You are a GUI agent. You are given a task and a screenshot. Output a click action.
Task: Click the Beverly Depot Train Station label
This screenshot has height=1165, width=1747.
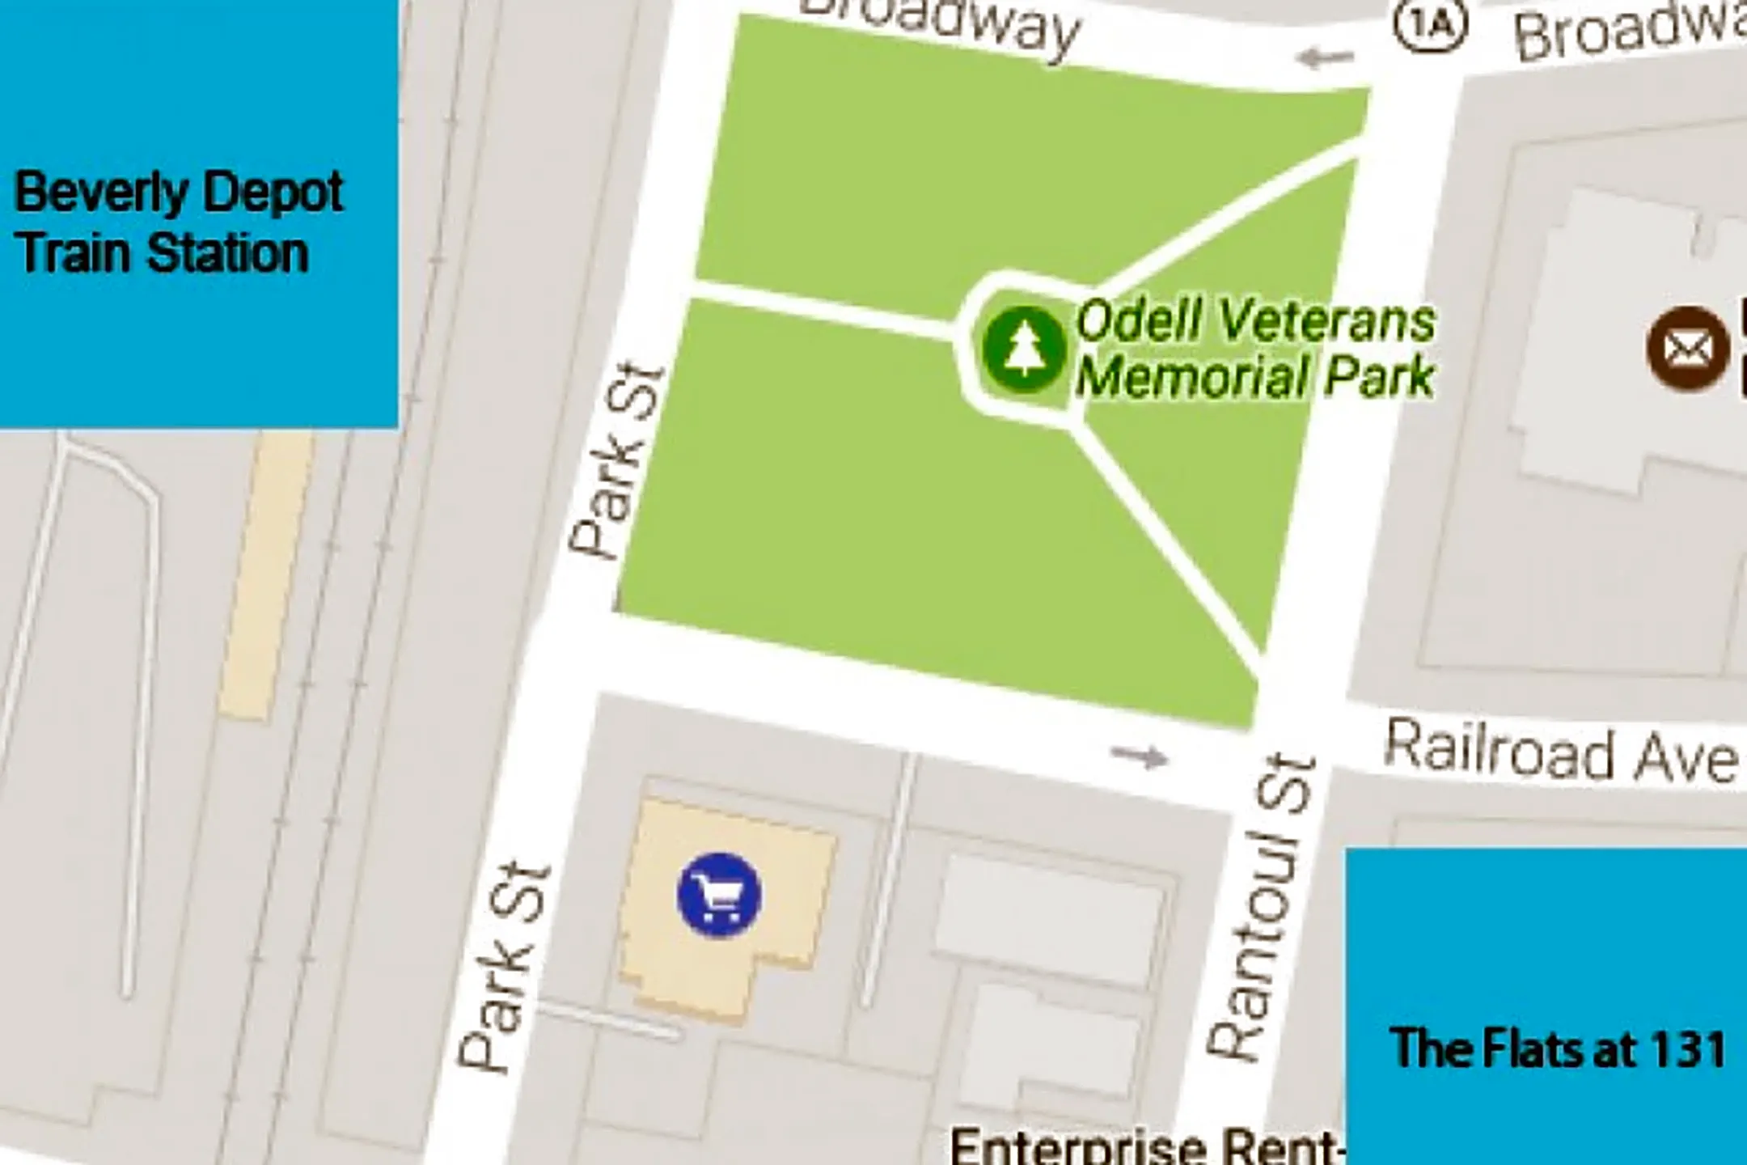(179, 222)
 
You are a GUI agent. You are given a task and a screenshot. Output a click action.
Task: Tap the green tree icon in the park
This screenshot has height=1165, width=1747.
(1024, 349)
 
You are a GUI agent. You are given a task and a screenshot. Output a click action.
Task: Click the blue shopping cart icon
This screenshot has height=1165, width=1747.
(719, 896)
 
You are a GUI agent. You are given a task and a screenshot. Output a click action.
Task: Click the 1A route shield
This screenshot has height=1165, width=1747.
(1430, 27)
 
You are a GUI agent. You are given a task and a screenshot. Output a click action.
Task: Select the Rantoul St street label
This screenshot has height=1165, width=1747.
(1262, 906)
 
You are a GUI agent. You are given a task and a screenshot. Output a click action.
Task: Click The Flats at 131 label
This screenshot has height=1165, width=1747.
(1557, 1048)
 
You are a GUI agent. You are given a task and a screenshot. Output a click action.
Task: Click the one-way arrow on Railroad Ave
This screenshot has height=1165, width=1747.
(1140, 757)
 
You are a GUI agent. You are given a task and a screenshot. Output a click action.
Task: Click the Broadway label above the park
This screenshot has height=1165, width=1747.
(942, 24)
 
